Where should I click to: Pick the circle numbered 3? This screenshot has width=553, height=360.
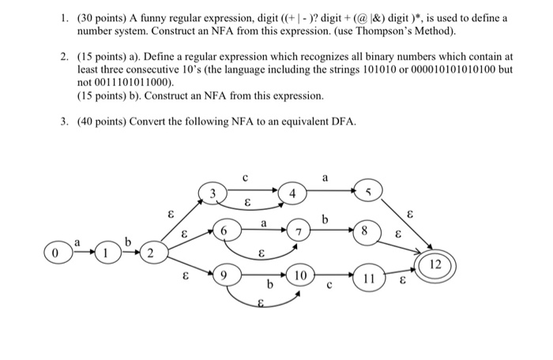213,192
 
